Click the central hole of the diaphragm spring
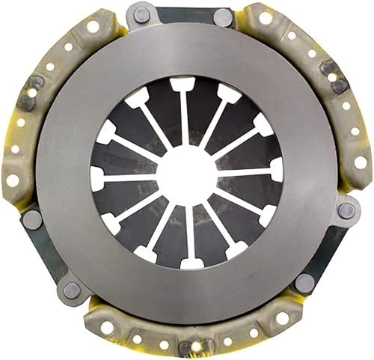point(185,174)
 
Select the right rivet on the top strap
point(224,16)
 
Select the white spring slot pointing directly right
point(276,170)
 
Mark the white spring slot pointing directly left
point(96,177)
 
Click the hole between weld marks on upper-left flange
point(31,93)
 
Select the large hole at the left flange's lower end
point(13,180)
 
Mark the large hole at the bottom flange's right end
point(282,318)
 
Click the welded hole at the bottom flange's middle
point(197,347)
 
